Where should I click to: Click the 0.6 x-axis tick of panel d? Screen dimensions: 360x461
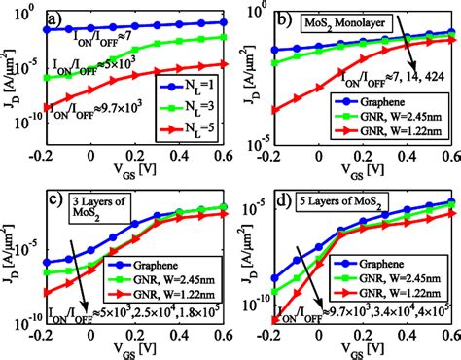[447, 337]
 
